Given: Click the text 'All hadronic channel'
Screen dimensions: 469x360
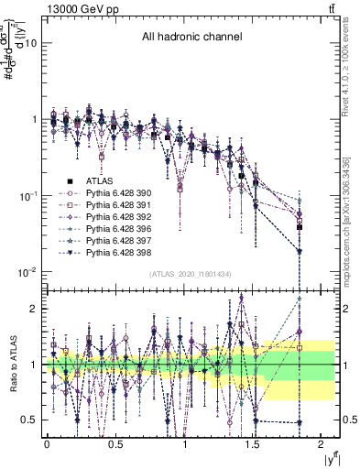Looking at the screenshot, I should pos(191,38).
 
